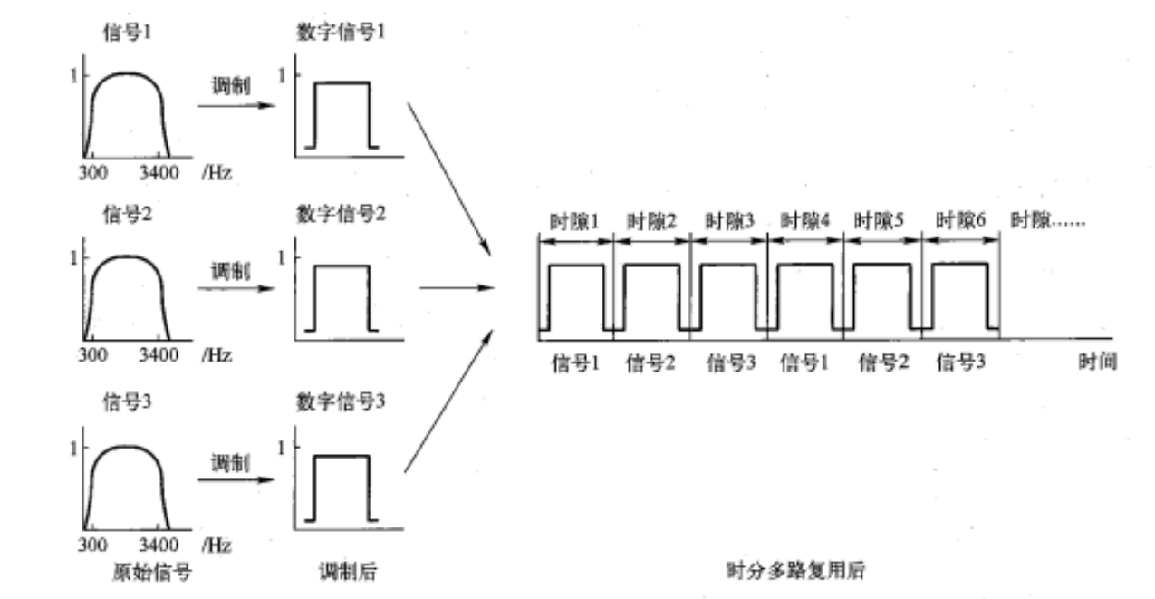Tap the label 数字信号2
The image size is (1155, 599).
(x=340, y=215)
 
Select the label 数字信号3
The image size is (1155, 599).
(x=340, y=400)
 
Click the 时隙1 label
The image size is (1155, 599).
(x=574, y=220)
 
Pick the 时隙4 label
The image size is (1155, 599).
(x=804, y=220)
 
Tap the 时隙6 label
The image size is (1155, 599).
(x=960, y=220)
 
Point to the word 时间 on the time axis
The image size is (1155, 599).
(x=1097, y=362)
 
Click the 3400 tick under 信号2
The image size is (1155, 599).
(x=160, y=355)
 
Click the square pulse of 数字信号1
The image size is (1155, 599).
(x=342, y=113)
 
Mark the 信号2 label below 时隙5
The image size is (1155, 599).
(x=882, y=363)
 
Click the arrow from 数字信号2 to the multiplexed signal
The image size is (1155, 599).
(x=458, y=289)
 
